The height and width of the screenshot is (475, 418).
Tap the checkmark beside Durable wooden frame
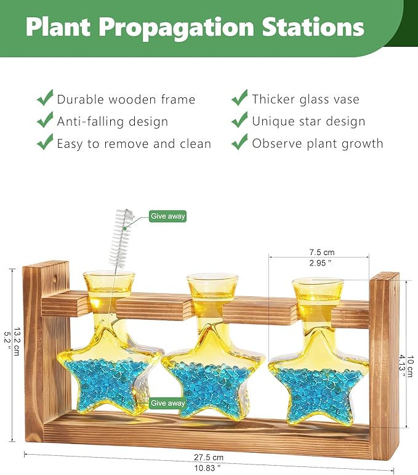45,99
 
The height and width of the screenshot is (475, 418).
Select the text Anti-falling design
112,121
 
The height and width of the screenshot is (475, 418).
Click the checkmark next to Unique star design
239,121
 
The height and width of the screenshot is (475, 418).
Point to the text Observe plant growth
317,144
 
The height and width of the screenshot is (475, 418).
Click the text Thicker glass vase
305,99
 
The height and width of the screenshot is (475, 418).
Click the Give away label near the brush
167,216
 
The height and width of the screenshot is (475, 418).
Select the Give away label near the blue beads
167,403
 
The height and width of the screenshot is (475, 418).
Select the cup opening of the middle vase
212,283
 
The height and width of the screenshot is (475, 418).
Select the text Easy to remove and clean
134,144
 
